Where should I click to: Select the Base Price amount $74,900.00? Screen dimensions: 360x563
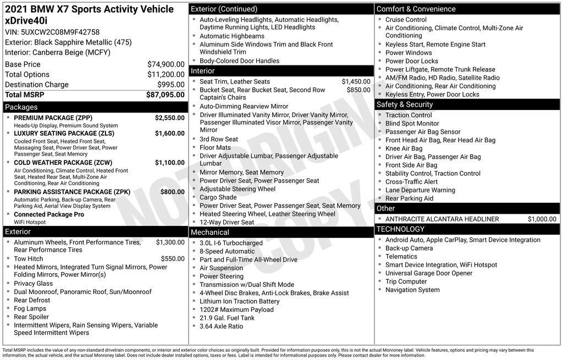pyautogui.click(x=165, y=64)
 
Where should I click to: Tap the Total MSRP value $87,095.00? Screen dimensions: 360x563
pyautogui.click(x=165, y=95)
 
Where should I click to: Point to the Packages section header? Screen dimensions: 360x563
pyautogui.click(x=21, y=107)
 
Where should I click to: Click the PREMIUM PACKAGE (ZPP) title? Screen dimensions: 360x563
pyautogui.click(x=53, y=118)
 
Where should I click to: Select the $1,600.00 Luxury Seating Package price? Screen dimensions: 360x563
pyautogui.click(x=169, y=133)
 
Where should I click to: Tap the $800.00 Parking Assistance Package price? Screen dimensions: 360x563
pyautogui.click(x=172, y=192)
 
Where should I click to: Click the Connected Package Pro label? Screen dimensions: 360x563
pyautogui.click(x=49, y=214)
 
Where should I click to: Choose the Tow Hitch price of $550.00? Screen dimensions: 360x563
pyautogui.click(x=173, y=258)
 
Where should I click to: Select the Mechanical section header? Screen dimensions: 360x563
pyautogui.click(x=209, y=232)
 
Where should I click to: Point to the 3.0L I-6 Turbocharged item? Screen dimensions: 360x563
pyautogui.click(x=231, y=243)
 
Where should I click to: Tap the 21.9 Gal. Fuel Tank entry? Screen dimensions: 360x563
pyautogui.click(x=227, y=318)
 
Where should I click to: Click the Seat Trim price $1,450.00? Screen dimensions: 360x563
pyautogui.click(x=356, y=81)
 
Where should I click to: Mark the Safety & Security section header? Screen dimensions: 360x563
pyautogui.click(x=404, y=104)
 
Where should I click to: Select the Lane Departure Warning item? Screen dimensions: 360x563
pyautogui.click(x=420, y=190)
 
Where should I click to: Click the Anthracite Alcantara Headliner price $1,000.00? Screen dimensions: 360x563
pyautogui.click(x=542, y=219)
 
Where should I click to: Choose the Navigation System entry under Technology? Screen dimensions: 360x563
pyautogui.click(x=412, y=290)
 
